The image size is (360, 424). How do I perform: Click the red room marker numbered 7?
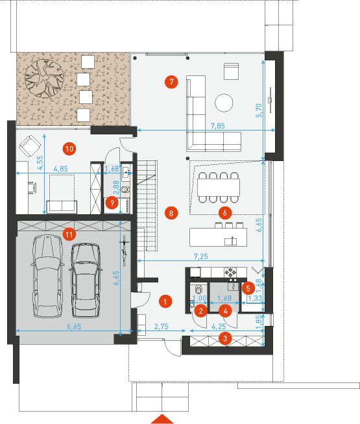[x=171, y=82]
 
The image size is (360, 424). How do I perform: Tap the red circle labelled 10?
[x=69, y=149]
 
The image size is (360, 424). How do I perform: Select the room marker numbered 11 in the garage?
[x=69, y=234]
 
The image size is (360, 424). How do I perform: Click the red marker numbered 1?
[x=165, y=301]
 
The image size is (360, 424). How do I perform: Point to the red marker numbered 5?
[x=248, y=288]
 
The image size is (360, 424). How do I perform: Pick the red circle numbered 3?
[x=225, y=338]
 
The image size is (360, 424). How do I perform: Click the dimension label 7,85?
[x=218, y=126]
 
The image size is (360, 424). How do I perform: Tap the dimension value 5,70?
[x=259, y=110]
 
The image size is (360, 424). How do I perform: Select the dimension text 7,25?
[x=201, y=256]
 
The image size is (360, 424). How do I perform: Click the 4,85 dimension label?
[x=61, y=169]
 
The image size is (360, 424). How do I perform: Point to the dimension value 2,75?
[x=162, y=327]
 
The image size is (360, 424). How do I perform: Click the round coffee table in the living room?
[x=224, y=103]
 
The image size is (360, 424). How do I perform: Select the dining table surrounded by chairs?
[x=219, y=188]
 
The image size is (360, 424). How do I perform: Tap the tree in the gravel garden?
[x=45, y=78]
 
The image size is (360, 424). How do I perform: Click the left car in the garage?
[x=47, y=276]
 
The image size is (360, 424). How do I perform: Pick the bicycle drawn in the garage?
[x=125, y=251]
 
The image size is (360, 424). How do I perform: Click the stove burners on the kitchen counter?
[x=230, y=272]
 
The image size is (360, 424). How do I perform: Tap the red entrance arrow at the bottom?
[x=162, y=419]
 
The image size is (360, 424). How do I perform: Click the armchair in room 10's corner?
[x=30, y=146]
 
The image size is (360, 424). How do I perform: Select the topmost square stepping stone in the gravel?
[x=88, y=62]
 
